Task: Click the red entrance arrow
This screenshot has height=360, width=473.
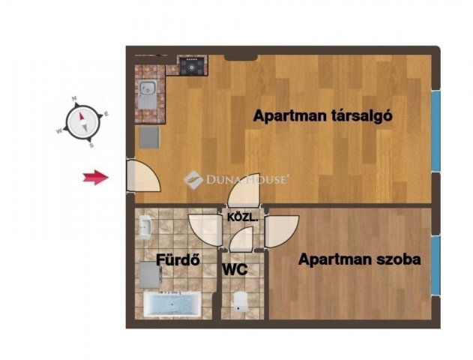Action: tap(96, 177)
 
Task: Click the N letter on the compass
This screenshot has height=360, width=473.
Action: tap(74, 98)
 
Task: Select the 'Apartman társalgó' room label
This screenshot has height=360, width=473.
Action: tap(322, 115)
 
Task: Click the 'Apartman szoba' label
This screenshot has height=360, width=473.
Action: tap(359, 259)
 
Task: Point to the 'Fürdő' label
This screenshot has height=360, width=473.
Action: tap(178, 259)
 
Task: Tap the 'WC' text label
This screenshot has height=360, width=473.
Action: tap(235, 269)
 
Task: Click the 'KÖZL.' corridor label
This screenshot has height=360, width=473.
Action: tap(243, 217)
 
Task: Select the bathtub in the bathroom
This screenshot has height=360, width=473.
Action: tap(172, 304)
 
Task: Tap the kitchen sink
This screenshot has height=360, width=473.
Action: tap(148, 95)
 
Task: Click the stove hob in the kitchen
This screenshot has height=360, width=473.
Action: tap(191, 65)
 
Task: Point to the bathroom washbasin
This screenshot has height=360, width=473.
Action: tap(145, 227)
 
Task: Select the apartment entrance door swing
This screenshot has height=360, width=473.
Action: tap(143, 175)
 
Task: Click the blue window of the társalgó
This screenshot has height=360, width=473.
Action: tap(436, 131)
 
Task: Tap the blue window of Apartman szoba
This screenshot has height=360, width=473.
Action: tap(436, 265)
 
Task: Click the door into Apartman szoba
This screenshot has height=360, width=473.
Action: tap(282, 232)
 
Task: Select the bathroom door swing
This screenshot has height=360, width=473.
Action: tap(205, 230)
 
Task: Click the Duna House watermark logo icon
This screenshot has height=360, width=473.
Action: tap(193, 180)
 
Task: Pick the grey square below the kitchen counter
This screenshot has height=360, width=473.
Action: tap(149, 137)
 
